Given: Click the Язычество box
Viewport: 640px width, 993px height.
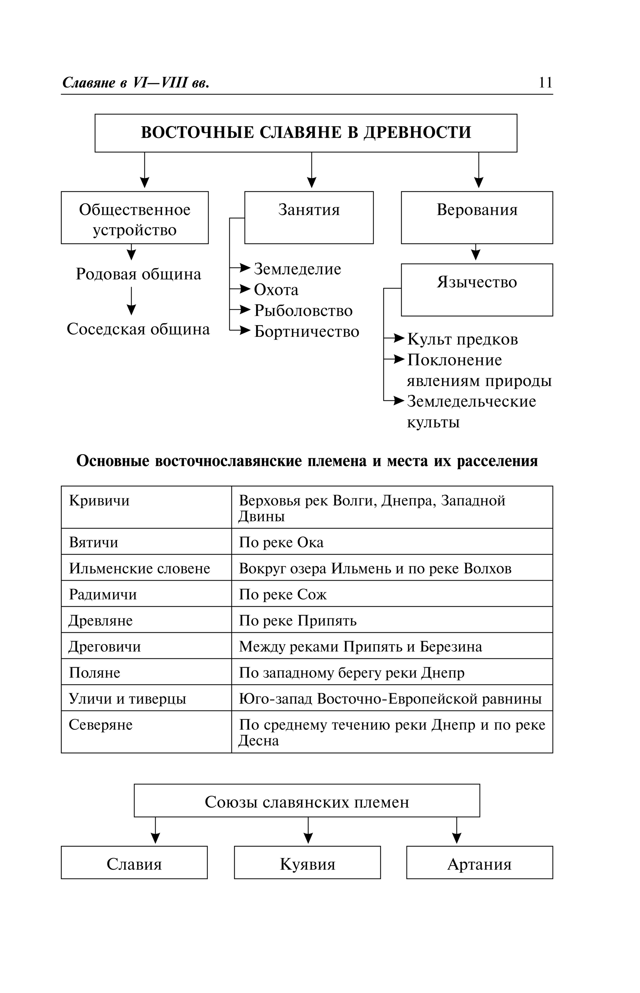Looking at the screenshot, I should coord(477,289).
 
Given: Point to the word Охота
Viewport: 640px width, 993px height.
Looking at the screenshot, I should coord(276,290).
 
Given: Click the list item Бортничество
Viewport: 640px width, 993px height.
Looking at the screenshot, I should coord(306,332).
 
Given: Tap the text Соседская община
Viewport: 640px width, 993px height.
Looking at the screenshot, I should coord(138,329).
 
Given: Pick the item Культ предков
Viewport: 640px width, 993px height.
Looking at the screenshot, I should coord(462,339).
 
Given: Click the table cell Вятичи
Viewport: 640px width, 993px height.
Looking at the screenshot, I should coord(94,542).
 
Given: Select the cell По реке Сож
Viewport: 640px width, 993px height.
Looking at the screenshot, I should coord(283,595).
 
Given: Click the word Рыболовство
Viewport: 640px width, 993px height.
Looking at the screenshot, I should coord(303,311).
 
